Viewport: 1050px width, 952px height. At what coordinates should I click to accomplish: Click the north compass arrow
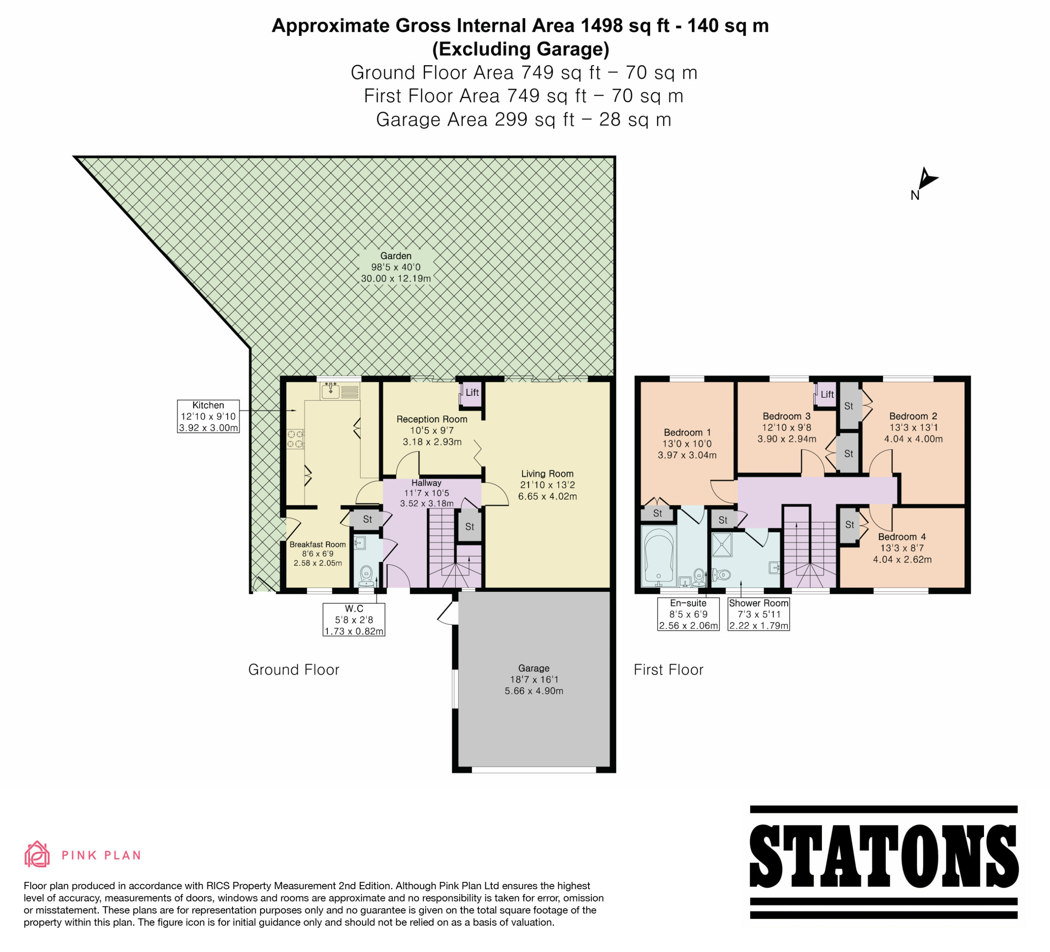927,179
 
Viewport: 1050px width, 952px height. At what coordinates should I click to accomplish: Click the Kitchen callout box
208,416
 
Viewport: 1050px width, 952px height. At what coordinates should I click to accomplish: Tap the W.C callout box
354,619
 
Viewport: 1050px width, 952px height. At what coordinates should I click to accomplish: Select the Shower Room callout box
759,614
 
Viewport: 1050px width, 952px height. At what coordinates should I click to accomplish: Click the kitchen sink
331,390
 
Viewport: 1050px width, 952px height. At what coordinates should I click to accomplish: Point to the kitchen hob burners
295,438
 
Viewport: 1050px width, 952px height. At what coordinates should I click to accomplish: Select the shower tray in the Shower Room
722,544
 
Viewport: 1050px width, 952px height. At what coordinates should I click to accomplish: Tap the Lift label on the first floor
827,394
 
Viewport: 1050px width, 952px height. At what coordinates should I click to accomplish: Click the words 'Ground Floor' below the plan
294,670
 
